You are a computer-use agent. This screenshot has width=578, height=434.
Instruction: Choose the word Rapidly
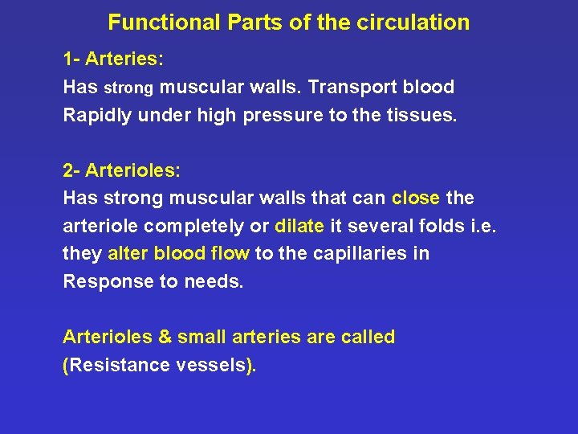click(x=98, y=116)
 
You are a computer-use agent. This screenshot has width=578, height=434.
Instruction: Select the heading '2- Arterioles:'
click(x=122, y=170)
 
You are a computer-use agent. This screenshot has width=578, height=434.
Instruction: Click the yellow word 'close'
click(x=416, y=198)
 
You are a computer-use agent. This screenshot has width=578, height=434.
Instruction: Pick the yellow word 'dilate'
click(x=299, y=226)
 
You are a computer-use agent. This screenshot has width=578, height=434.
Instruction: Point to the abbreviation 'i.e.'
click(x=482, y=226)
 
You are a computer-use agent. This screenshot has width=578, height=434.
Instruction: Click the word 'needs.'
click(x=216, y=282)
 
